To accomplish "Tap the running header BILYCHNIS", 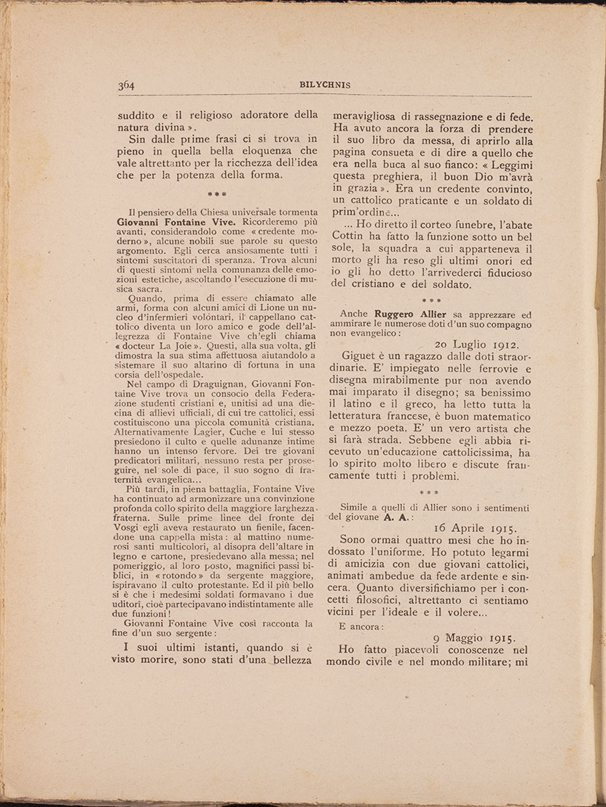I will coord(325,85).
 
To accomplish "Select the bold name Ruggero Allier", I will coord(411,314).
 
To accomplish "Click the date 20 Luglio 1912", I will coord(486,344).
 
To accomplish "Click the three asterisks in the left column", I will coord(216,194).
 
